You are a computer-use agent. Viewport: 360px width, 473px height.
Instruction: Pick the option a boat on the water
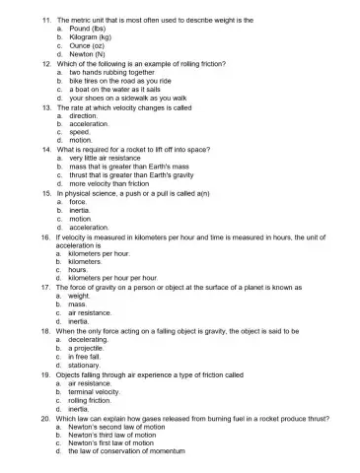[109, 90]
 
